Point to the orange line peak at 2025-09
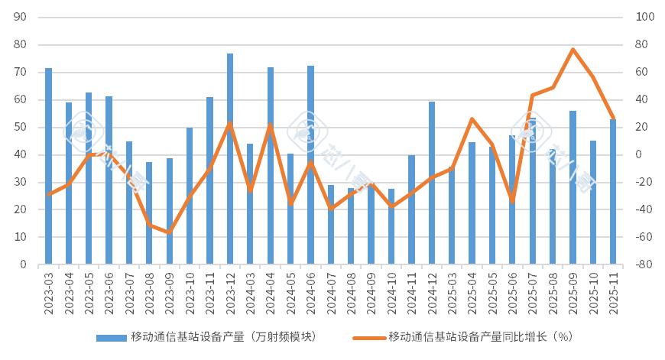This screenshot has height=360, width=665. (573, 49)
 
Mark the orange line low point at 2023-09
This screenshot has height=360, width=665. (170, 232)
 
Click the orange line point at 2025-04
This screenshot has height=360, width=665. (472, 118)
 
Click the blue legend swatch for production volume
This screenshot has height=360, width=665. (111, 337)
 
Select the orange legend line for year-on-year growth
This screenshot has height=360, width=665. (369, 337)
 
